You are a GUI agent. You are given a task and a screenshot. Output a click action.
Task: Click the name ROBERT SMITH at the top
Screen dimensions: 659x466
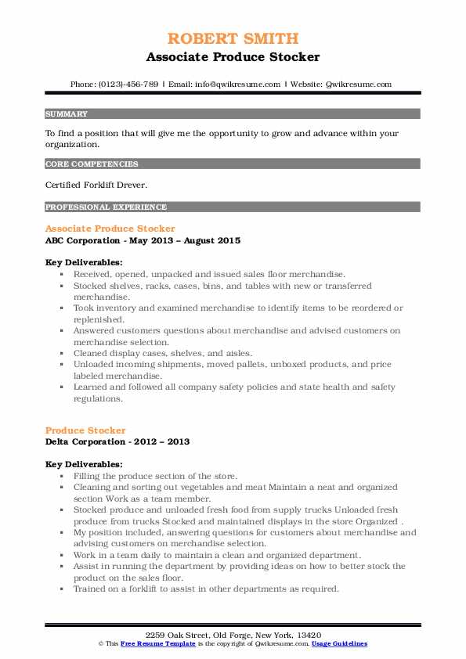[233, 38]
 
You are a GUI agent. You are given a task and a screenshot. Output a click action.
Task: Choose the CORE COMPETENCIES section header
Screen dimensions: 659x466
[92, 164]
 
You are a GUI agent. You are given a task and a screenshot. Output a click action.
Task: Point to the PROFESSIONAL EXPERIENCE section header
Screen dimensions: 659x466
[106, 207]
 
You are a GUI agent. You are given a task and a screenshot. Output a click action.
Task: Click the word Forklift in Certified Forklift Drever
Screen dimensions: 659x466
[106, 185]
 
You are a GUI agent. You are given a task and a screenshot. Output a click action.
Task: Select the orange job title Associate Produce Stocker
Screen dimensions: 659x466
[110, 229]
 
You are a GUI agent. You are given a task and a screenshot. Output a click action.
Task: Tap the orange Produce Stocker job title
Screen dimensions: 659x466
[85, 430]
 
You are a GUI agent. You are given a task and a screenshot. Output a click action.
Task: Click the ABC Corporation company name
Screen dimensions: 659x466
[81, 240]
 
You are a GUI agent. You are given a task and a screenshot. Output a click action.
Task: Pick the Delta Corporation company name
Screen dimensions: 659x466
[85, 442]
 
